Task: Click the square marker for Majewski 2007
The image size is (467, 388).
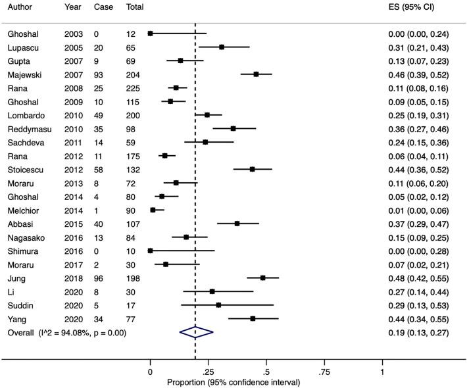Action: pos(257,75)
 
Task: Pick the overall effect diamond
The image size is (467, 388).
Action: pos(196,333)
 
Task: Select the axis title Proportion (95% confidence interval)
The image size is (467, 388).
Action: pos(233,382)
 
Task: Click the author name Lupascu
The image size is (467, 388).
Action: pos(24,47)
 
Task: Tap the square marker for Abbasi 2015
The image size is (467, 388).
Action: pos(237,224)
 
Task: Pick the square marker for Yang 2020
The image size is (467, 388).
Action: pos(253,318)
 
